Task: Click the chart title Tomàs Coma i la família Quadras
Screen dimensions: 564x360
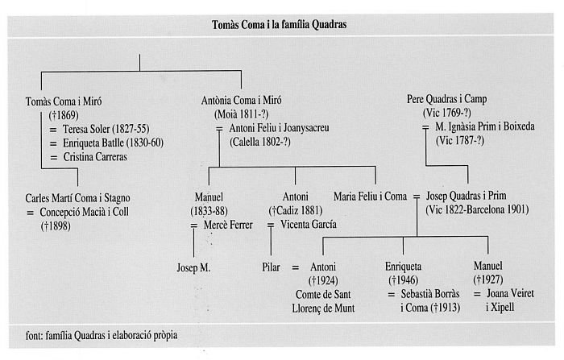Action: point(279,24)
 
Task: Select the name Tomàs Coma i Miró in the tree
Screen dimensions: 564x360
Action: point(64,101)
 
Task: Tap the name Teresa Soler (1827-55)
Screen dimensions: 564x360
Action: point(106,129)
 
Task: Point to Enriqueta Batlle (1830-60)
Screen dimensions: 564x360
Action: point(114,143)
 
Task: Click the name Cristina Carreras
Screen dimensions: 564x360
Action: point(95,157)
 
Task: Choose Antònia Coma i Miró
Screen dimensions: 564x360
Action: point(242,101)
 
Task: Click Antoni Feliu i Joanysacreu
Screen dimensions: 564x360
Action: point(279,128)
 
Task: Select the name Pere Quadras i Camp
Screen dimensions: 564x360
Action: point(446,99)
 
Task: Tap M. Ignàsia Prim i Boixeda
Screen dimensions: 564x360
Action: point(485,126)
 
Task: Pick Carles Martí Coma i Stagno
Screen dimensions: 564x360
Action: point(77,198)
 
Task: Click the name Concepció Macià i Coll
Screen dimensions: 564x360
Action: point(84,212)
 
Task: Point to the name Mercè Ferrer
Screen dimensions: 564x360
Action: point(228,226)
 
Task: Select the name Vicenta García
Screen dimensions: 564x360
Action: point(309,225)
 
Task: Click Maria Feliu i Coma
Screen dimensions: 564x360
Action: point(370,197)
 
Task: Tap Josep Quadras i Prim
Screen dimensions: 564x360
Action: point(467,196)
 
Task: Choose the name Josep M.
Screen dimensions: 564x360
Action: point(193,268)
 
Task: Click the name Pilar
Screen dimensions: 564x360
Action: point(271,267)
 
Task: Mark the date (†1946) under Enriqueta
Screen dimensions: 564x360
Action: point(403,280)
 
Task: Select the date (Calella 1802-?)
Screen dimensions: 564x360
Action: point(260,142)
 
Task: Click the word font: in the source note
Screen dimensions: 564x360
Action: point(35,336)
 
